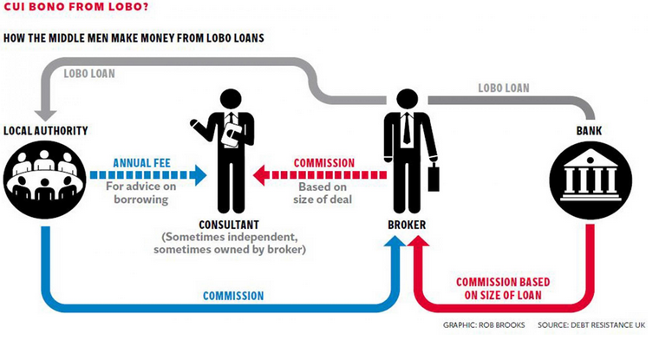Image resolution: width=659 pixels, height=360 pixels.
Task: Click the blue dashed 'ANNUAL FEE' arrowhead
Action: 200,175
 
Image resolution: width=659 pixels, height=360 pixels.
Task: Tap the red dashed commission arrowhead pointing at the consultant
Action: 259,175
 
